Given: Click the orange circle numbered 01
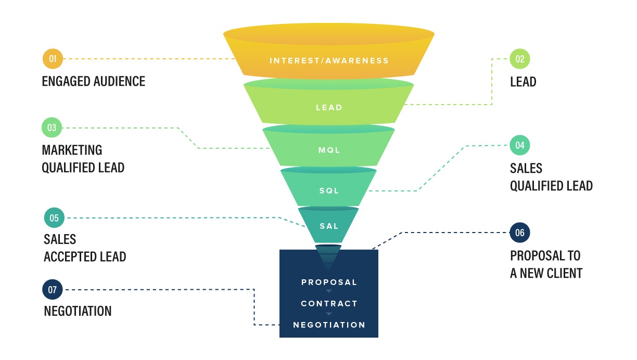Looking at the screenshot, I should pyautogui.click(x=53, y=59).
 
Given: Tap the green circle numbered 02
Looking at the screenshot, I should pyautogui.click(x=520, y=59).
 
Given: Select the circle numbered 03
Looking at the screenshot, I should pyautogui.click(x=53, y=127).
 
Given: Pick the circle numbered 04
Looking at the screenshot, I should pyautogui.click(x=520, y=146).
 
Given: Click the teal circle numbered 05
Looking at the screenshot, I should pyautogui.click(x=54, y=217).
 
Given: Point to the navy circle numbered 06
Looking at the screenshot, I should pyautogui.click(x=520, y=233).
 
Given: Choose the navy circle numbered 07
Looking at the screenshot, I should pyautogui.click(x=53, y=290).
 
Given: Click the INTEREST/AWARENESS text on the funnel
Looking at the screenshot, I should pyautogui.click(x=329, y=60).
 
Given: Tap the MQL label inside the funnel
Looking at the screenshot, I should pyautogui.click(x=329, y=150).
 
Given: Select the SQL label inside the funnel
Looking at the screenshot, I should pyautogui.click(x=329, y=190).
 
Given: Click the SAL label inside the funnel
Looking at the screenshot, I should pyautogui.click(x=329, y=226).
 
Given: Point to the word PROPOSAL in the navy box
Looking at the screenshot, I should pyautogui.click(x=329, y=282).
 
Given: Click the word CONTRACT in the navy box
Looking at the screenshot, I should pyautogui.click(x=329, y=303).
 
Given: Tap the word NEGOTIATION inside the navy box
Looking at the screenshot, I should pyautogui.click(x=329, y=325).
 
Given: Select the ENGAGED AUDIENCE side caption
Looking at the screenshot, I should pyautogui.click(x=94, y=81).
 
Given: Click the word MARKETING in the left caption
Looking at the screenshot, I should pyautogui.click(x=72, y=150).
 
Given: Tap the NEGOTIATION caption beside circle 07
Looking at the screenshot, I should pyautogui.click(x=78, y=311).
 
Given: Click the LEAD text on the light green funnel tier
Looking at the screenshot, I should pyautogui.click(x=329, y=108).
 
